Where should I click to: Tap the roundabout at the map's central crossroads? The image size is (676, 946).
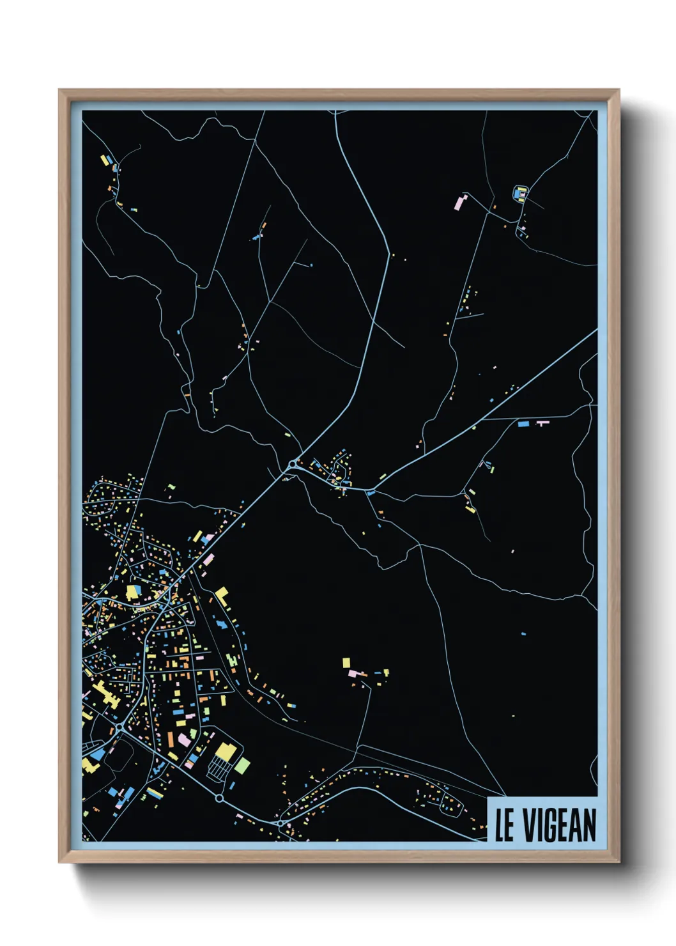point(293,464)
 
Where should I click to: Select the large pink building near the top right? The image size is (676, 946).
point(459,202)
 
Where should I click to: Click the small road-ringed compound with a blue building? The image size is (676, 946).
point(520,192)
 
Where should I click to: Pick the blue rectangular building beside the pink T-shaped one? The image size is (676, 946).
point(523,423)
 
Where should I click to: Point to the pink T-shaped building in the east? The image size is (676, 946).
point(542,423)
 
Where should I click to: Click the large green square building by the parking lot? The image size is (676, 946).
point(242,764)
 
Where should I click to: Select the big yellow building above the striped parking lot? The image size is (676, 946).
point(225,751)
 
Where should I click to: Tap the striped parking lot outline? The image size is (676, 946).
point(219,770)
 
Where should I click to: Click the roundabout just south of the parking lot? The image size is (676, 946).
point(219,798)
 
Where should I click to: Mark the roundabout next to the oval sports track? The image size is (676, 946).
point(119,729)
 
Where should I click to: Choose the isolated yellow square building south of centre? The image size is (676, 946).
point(346,662)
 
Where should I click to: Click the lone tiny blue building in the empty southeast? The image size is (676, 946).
point(523,633)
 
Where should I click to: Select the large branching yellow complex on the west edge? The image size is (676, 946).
point(104,694)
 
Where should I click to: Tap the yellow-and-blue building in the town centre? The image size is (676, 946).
point(134,592)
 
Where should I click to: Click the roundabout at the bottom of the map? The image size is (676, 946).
point(280,823)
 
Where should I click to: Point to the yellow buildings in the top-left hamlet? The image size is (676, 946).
point(105,160)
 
